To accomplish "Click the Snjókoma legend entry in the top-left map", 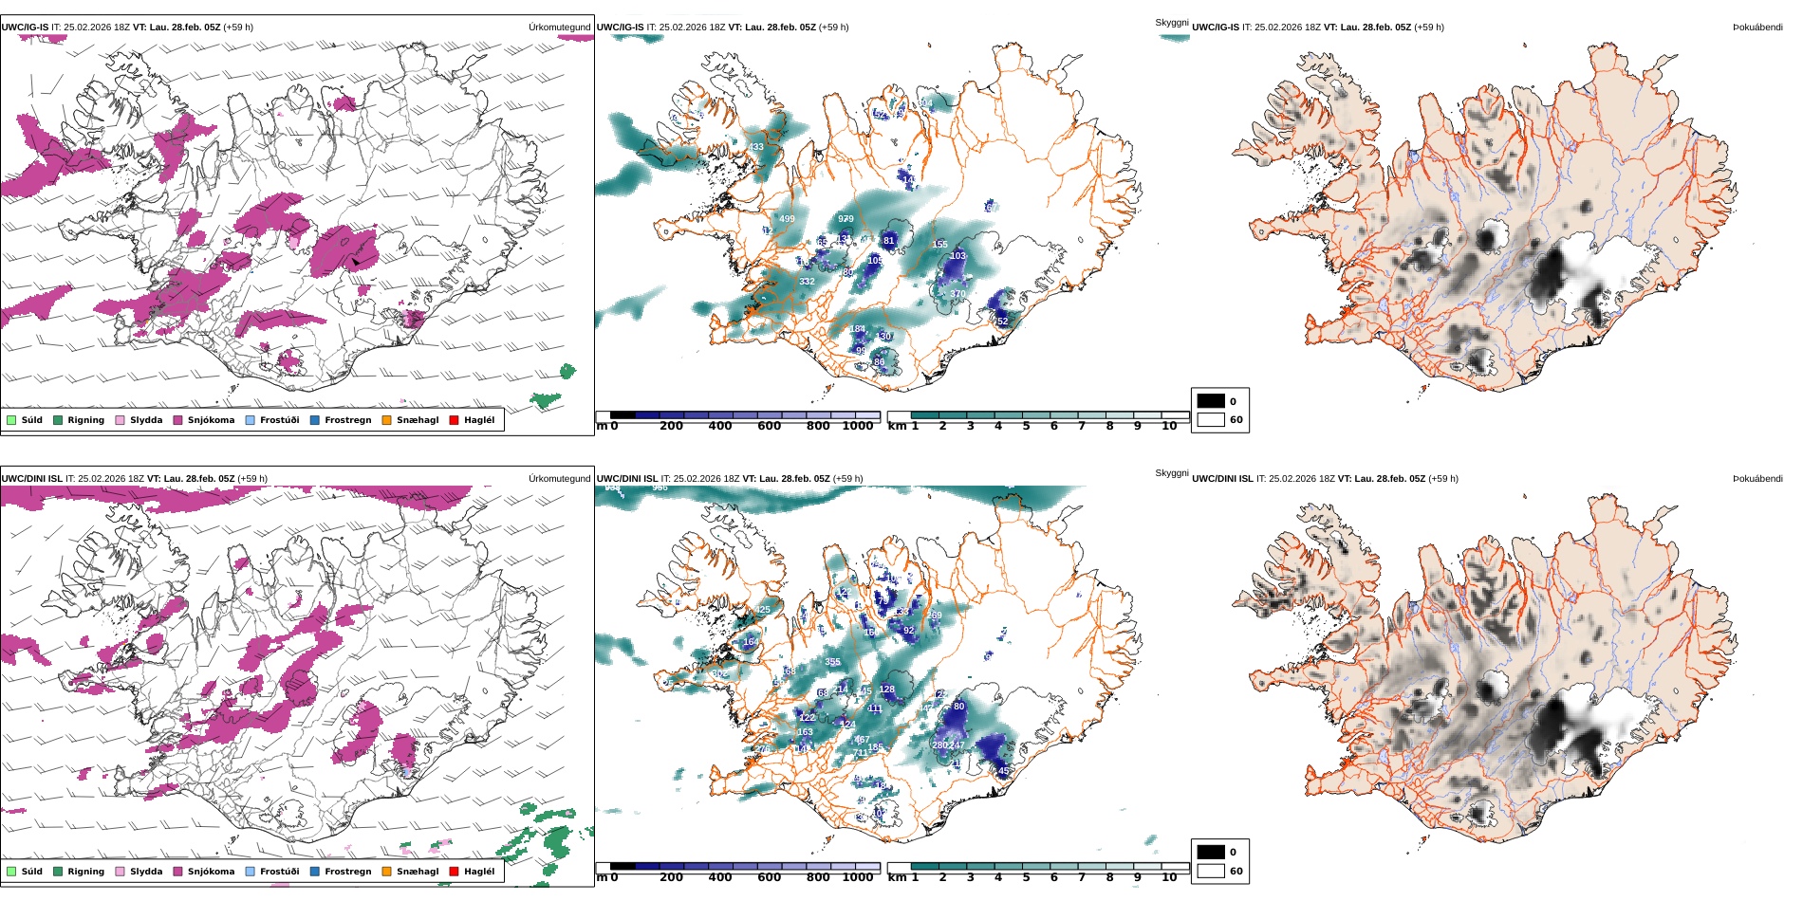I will [x=211, y=420].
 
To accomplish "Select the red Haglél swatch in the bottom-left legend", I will [x=454, y=872].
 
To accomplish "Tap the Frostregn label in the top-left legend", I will [x=347, y=420].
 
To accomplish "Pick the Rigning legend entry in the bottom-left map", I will [x=85, y=872].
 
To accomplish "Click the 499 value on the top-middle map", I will [x=787, y=219].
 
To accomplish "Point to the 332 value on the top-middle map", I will [x=807, y=282].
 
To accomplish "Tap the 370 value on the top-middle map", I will [x=957, y=294].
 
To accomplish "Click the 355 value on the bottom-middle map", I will [x=832, y=662].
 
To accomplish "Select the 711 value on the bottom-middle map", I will [x=861, y=753].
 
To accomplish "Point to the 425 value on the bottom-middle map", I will [x=762, y=610].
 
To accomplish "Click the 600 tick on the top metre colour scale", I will [x=769, y=426].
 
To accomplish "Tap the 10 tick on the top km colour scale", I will [x=1168, y=426].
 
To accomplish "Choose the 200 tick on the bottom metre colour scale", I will [x=671, y=877].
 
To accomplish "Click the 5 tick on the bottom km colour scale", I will [x=1026, y=877].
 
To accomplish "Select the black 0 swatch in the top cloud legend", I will [x=1211, y=401].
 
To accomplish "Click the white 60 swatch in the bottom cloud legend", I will [x=1211, y=871].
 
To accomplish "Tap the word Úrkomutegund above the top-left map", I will [x=559, y=28].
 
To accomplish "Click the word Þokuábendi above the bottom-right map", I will [x=1757, y=479].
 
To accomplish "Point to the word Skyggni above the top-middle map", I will [x=1171, y=23].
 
